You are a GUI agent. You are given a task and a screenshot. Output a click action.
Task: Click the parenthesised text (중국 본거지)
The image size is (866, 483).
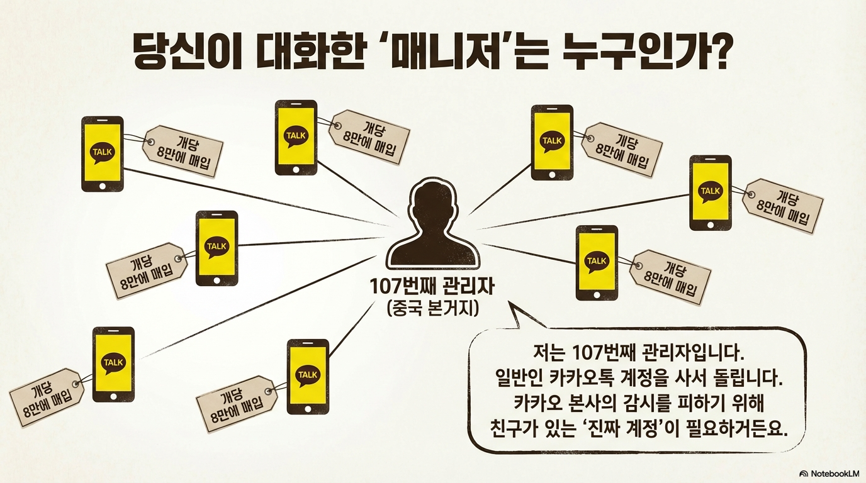coord(433,309)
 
